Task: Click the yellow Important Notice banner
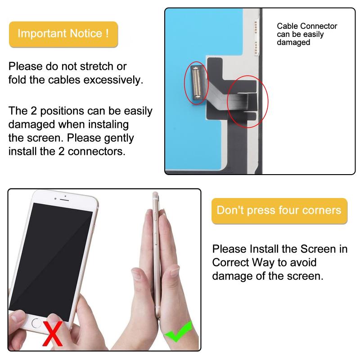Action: (x=63, y=34)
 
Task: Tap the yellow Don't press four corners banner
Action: (x=279, y=211)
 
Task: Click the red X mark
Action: (x=53, y=333)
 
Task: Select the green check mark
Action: (x=178, y=332)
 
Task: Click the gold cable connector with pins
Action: (x=196, y=83)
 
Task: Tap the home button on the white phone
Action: (x=36, y=323)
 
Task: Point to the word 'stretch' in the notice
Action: (x=96, y=66)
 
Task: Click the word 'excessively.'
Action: (x=113, y=80)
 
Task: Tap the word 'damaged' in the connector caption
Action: (x=293, y=42)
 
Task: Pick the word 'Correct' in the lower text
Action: (x=230, y=262)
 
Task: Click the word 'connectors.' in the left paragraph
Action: (x=97, y=152)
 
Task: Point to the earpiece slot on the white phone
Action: (x=64, y=200)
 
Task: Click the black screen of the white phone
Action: (x=51, y=261)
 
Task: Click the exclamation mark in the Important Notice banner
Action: (x=107, y=33)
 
